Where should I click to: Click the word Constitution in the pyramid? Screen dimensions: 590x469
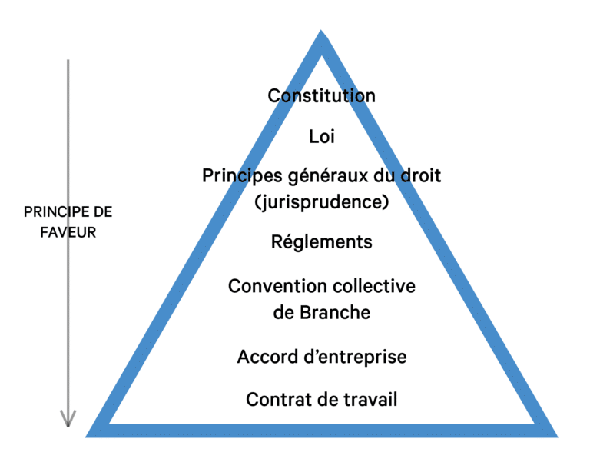[321, 95]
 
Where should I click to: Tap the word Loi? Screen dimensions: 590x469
[322, 136]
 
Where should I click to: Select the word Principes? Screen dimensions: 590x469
[242, 176]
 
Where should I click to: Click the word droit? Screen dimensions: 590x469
[421, 175]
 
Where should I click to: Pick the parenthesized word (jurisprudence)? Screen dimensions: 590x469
[322, 202]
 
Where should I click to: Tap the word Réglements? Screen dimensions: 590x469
[322, 242]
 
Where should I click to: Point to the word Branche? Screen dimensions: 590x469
[335, 312]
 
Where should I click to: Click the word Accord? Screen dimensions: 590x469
[267, 357]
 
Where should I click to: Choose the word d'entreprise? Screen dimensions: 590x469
[355, 357]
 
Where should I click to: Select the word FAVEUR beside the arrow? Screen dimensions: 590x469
[68, 232]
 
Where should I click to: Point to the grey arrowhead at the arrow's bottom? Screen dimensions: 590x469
[68, 418]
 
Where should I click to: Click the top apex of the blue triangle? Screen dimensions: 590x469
[321, 30]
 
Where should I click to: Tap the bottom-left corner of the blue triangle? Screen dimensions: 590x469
[86, 437]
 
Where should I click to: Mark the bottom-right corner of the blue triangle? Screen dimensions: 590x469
[557, 437]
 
